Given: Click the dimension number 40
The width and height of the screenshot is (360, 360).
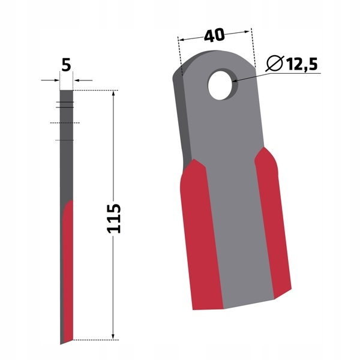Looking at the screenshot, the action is pos(214,35).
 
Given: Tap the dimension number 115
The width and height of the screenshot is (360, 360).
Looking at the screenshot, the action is pos(114,218).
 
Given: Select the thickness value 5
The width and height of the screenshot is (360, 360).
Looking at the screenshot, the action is pos(66,65).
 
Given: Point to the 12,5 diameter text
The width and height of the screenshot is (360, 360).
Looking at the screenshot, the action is pos(302,64).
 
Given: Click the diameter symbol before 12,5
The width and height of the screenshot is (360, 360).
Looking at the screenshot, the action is pos(275,63).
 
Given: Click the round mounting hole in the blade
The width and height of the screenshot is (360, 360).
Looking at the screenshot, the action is pos(221,85).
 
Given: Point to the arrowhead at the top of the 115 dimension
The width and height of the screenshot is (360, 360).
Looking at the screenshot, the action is pos(113,93).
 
